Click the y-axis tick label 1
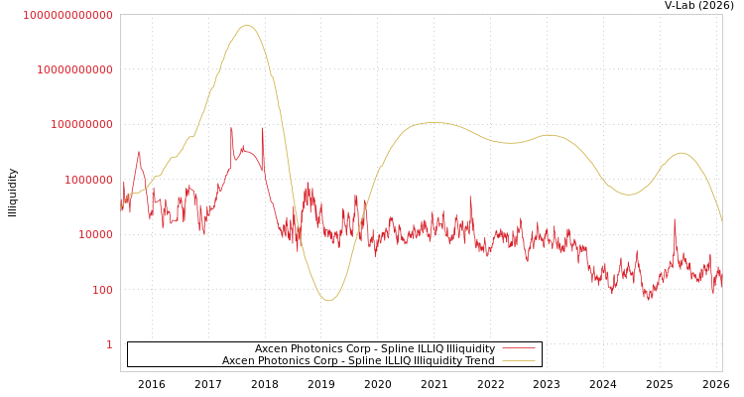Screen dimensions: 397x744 point(109,345)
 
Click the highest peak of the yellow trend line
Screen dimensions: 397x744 point(247,25)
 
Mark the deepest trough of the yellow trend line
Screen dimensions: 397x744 point(328,300)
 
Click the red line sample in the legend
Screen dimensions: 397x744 point(519,349)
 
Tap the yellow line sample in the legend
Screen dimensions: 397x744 point(519,361)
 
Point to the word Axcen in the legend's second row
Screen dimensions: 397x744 point(238,361)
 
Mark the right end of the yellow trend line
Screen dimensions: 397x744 point(722,221)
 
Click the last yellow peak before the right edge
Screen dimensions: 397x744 point(681,153)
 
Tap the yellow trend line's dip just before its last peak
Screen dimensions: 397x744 point(628,195)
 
